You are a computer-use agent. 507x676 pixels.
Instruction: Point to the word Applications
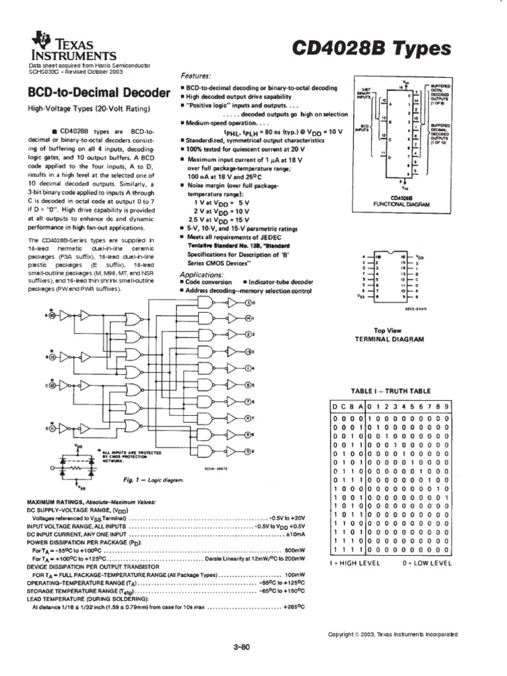point(204,274)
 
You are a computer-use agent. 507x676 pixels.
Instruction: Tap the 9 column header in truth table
point(447,407)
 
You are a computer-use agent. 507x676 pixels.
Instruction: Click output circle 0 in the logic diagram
point(249,303)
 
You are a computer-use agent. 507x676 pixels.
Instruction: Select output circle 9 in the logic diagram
point(249,452)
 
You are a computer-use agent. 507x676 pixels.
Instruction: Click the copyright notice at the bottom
point(392,634)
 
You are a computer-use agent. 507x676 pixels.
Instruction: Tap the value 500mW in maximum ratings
point(294,549)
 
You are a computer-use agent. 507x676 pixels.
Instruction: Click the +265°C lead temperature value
point(292,605)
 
